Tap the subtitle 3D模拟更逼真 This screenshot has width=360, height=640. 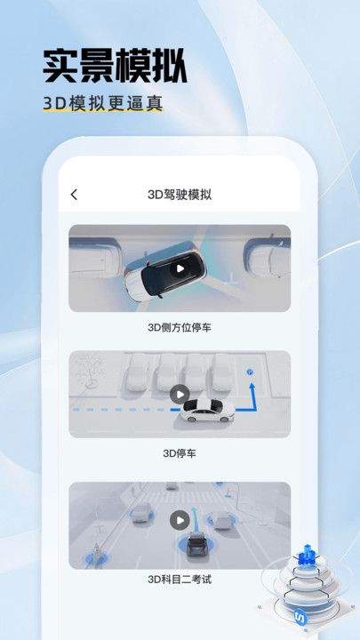tap(103, 103)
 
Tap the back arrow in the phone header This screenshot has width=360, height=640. tap(74, 195)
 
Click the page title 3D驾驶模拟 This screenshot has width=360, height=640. tap(180, 195)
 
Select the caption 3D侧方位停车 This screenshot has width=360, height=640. tap(180, 327)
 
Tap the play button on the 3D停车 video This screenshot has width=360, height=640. tap(180, 394)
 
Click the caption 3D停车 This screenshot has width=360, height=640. tap(180, 452)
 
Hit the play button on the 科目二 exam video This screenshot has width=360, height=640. tap(180, 521)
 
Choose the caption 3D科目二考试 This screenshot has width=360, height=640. tap(180, 580)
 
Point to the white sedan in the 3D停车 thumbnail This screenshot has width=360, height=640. tap(206, 411)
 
